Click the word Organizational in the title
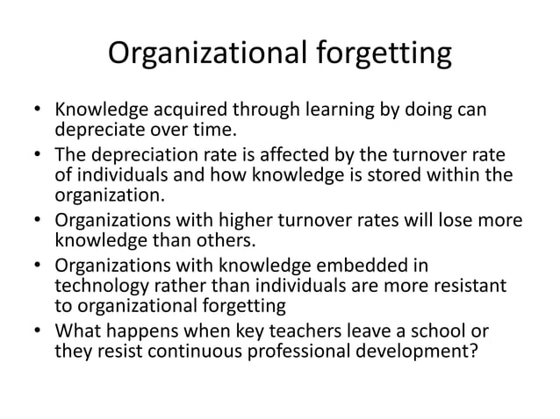pyautogui.click(x=204, y=54)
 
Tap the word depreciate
pyautogui.click(x=96, y=132)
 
